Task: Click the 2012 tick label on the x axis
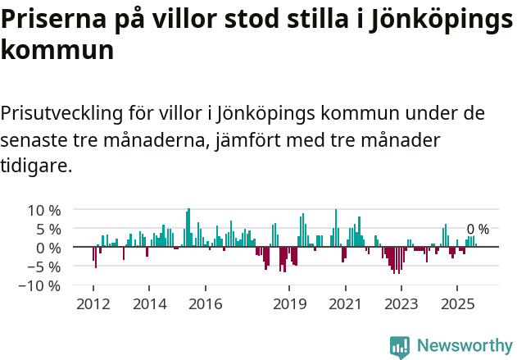pos(93,305)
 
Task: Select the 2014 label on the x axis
pos(149,305)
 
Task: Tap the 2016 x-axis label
pos(205,305)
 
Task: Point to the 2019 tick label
pos(289,305)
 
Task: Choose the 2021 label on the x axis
pos(345,305)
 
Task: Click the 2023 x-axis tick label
pos(401,305)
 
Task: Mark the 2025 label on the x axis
pos(457,305)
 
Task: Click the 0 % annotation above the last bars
pos(478,230)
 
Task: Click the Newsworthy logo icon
pos(400,347)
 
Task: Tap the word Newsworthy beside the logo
pos(464,346)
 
